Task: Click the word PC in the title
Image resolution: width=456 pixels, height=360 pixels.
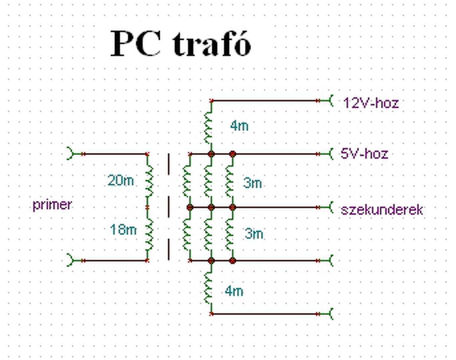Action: click(136, 43)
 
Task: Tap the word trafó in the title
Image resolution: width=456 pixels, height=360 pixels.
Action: click(212, 43)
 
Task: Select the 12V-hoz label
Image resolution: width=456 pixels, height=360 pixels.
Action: click(371, 103)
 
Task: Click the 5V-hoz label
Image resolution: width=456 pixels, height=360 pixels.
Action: click(364, 154)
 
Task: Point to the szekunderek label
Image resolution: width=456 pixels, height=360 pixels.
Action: click(382, 209)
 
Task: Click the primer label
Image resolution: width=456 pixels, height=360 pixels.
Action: click(52, 205)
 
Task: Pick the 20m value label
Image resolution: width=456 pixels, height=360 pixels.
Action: click(120, 180)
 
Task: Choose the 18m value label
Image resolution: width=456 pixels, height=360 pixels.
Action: click(123, 229)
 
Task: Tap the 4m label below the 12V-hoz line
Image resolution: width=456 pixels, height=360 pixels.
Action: click(239, 125)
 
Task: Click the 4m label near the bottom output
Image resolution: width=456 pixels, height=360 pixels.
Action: click(234, 291)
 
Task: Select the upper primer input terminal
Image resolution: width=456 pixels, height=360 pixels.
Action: click(71, 154)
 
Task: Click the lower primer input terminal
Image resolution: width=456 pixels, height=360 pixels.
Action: click(71, 261)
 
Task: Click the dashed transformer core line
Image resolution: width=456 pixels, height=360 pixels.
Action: click(169, 207)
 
